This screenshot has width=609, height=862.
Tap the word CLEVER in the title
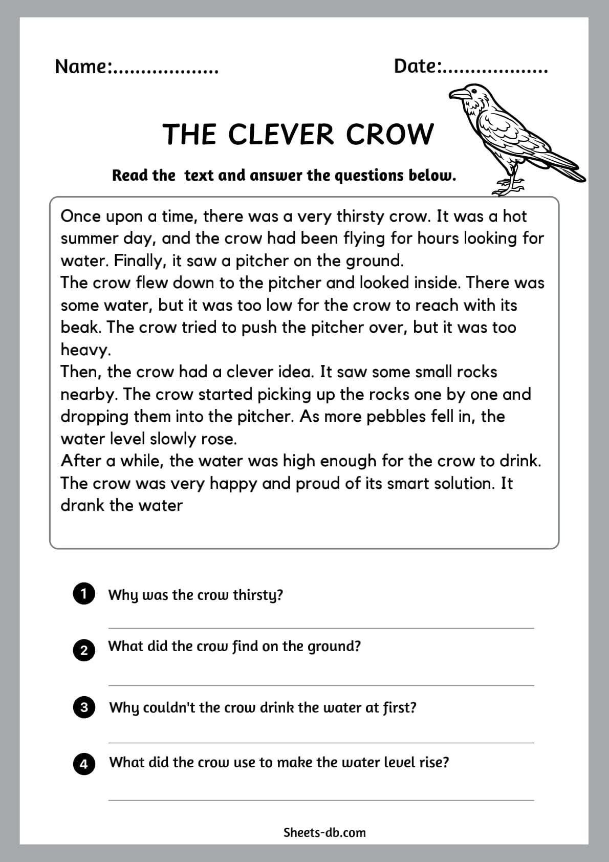tap(280, 135)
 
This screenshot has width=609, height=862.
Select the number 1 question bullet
tap(84, 594)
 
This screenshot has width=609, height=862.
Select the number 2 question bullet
tap(84, 650)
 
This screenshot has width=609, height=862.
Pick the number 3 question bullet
tap(84, 707)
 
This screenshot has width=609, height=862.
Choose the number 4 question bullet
tap(84, 764)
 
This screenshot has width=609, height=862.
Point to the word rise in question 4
tap(437, 762)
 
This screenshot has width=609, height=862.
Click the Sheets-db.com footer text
tap(324, 832)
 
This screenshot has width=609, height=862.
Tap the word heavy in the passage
tap(84, 350)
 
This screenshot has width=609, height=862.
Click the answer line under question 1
tap(321, 628)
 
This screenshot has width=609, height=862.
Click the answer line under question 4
tap(321, 800)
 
